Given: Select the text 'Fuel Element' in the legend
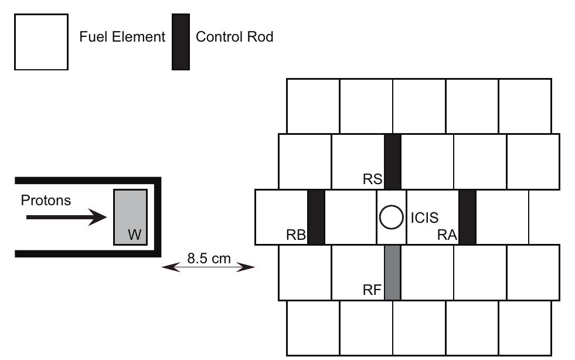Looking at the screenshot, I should [123, 37].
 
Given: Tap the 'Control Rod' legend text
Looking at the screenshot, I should [234, 37].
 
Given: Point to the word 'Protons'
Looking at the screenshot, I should [46, 201].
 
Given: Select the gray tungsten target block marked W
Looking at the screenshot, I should [131, 216].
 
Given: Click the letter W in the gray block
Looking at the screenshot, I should [134, 235].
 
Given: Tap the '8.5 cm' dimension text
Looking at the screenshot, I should [208, 257].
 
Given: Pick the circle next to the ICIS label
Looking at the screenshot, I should [391, 217].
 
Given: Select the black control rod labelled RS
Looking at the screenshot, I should [392, 161].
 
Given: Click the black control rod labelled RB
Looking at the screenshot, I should [316, 216].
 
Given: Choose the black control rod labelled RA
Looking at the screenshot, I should [467, 216].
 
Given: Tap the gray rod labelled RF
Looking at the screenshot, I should [392, 273].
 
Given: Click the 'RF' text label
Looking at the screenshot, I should [372, 289].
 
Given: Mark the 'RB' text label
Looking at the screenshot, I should [296, 235].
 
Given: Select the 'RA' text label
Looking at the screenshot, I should [447, 235].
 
